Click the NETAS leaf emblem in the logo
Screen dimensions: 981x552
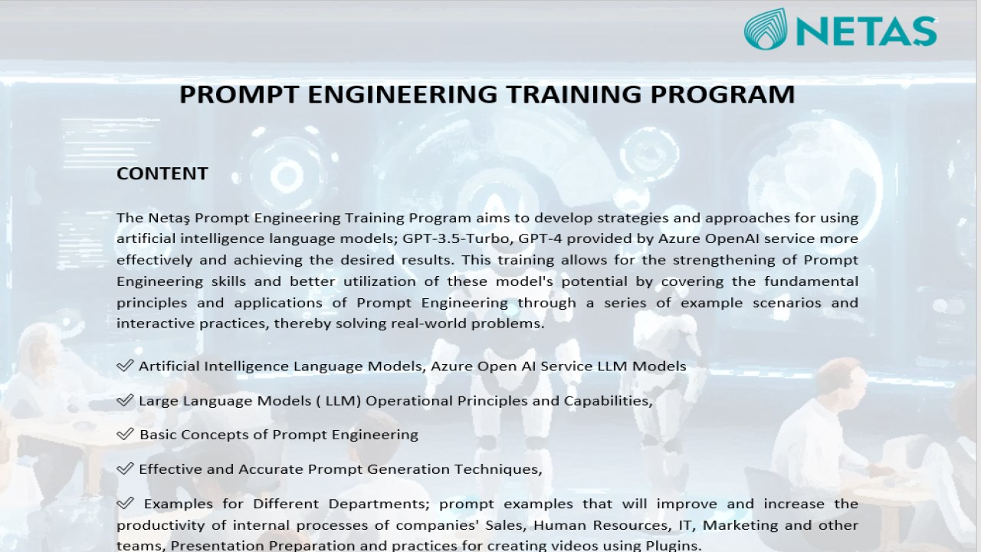pyautogui.click(x=766, y=29)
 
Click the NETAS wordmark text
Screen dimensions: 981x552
pyautogui.click(x=866, y=31)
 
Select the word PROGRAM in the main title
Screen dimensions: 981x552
pyautogui.click(x=723, y=94)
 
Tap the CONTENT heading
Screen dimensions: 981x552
pyautogui.click(x=162, y=173)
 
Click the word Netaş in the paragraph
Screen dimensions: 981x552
pyautogui.click(x=169, y=219)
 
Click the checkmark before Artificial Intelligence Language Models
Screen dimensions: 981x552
pyautogui.click(x=125, y=366)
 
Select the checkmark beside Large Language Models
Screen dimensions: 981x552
pyautogui.click(x=125, y=400)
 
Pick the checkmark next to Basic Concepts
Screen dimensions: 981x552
pyautogui.click(x=125, y=434)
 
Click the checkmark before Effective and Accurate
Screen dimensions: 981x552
pyautogui.click(x=125, y=468)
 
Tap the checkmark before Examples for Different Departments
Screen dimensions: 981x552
pyautogui.click(x=125, y=503)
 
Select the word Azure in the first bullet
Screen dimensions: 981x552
pyautogui.click(x=451, y=366)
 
